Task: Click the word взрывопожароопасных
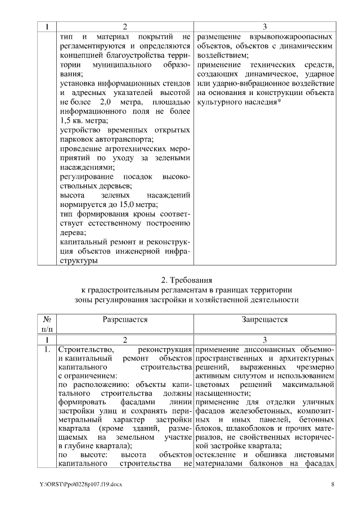[x=284, y=37]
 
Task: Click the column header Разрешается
[x=124, y=319]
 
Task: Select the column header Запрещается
[x=264, y=319]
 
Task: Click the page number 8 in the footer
[x=332, y=484]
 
